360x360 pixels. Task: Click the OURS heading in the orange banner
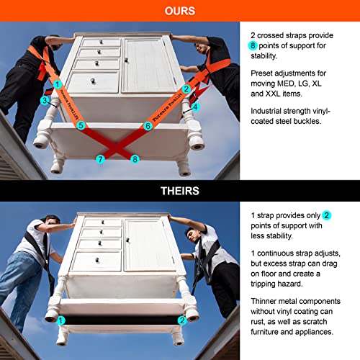(x=180, y=11)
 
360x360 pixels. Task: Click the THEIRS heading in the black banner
(x=180, y=191)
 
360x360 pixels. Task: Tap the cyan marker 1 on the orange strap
(x=58, y=84)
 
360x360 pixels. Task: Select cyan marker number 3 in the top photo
(x=45, y=100)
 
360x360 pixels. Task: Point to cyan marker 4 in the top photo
(x=196, y=107)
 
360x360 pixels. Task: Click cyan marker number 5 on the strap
(x=81, y=125)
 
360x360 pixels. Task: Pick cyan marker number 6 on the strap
(x=148, y=126)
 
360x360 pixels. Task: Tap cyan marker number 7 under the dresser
(x=100, y=159)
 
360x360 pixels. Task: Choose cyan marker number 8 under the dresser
(x=135, y=159)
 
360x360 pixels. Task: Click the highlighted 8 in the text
(x=253, y=45)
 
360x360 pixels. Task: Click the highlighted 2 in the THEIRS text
(x=326, y=215)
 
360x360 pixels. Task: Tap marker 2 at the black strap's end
(x=182, y=320)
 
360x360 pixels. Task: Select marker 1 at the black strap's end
(x=61, y=320)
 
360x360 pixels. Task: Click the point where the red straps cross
(x=116, y=148)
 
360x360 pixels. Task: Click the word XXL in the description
(x=273, y=94)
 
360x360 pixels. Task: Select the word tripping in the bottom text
(x=264, y=284)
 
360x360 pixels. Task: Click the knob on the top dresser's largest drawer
(x=93, y=81)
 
